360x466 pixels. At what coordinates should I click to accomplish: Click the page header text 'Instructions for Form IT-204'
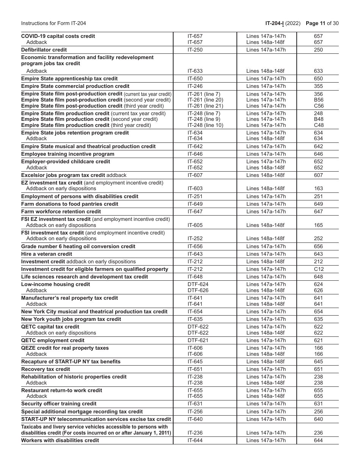53,23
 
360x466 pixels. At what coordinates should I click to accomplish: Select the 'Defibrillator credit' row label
44,50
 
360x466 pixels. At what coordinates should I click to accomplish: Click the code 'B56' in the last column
318,100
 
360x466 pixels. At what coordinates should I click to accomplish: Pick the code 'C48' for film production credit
318,125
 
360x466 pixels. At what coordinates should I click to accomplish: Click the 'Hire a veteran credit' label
46,254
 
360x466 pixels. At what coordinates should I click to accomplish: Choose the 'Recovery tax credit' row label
45,369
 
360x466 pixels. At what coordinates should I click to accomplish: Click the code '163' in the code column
318,188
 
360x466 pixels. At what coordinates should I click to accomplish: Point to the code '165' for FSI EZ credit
318,225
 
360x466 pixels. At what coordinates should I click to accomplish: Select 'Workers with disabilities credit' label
60,440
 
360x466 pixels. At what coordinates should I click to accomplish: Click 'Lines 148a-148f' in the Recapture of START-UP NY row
265,361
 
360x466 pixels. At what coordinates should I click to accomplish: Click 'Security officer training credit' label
59,403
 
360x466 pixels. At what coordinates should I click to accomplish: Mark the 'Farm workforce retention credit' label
61,211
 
